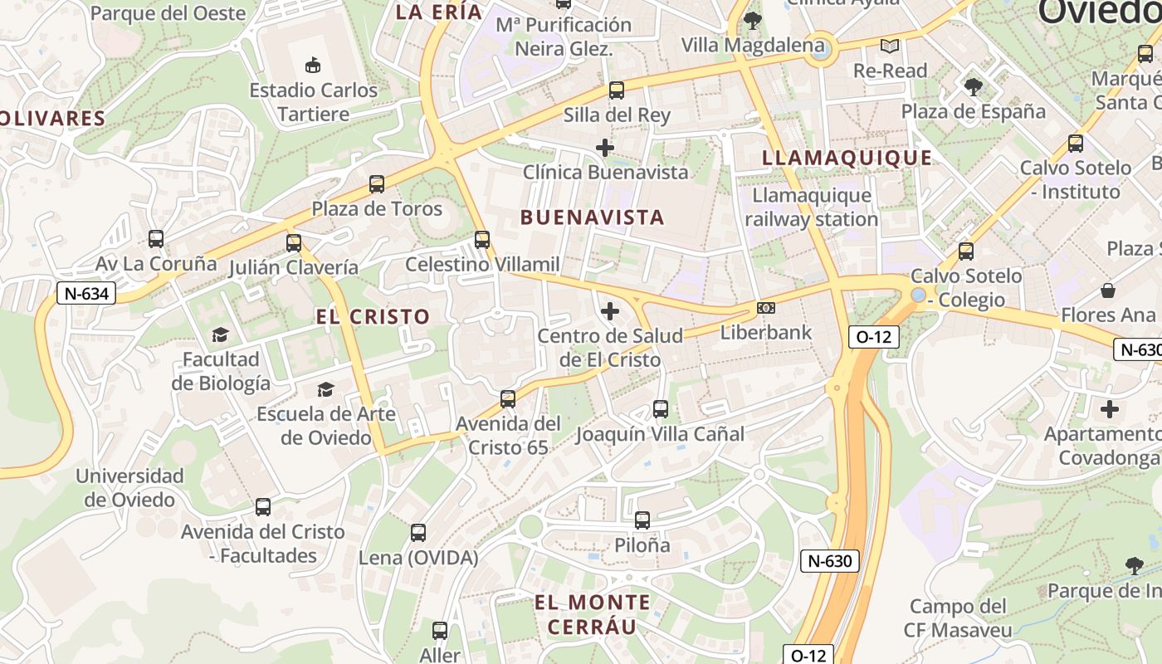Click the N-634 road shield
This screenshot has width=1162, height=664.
(86, 293)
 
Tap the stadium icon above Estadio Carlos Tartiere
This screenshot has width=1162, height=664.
(313, 65)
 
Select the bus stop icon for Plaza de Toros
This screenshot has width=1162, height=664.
(377, 184)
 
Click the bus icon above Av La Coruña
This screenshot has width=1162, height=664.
(155, 239)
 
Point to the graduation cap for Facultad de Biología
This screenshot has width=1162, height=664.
(220, 334)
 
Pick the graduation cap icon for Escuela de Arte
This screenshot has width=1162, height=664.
(325, 389)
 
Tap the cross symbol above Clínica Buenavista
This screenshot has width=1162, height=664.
(605, 148)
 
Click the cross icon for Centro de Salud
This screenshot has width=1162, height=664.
(610, 311)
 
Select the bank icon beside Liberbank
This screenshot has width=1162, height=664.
(766, 308)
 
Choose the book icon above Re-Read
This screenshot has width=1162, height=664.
(890, 46)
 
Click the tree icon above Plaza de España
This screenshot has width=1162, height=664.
(973, 85)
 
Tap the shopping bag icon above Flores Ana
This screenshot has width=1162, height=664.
(1108, 290)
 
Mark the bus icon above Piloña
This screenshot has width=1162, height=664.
(642, 520)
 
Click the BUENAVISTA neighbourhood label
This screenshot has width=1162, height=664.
(593, 217)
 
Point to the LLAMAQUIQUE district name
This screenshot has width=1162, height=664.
(847, 158)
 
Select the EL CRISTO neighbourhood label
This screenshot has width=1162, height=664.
(373, 316)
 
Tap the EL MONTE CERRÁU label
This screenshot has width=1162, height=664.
(592, 614)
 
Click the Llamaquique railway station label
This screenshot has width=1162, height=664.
(811, 207)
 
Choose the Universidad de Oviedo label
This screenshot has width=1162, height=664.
(129, 488)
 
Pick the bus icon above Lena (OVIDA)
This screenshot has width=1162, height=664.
(418, 533)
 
